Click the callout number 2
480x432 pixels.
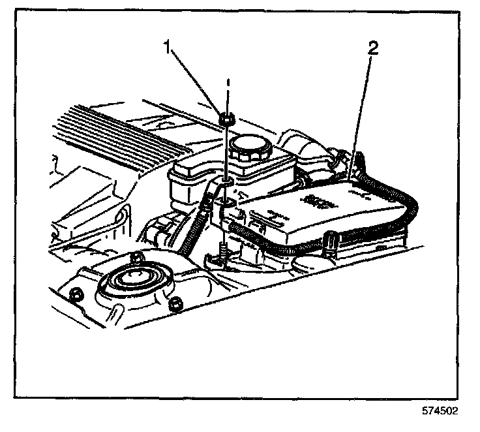[372, 48]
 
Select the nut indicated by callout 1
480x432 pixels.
[228, 119]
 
